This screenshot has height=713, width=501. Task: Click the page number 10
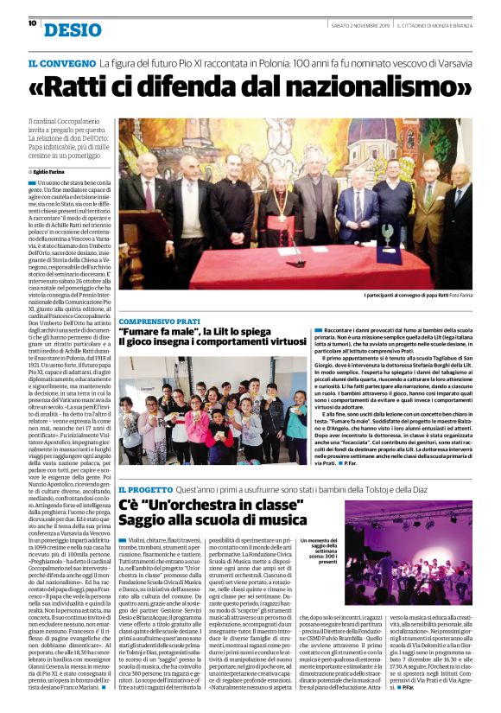point(32,23)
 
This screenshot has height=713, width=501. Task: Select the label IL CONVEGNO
point(60,64)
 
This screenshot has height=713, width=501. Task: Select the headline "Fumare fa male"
point(155,331)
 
